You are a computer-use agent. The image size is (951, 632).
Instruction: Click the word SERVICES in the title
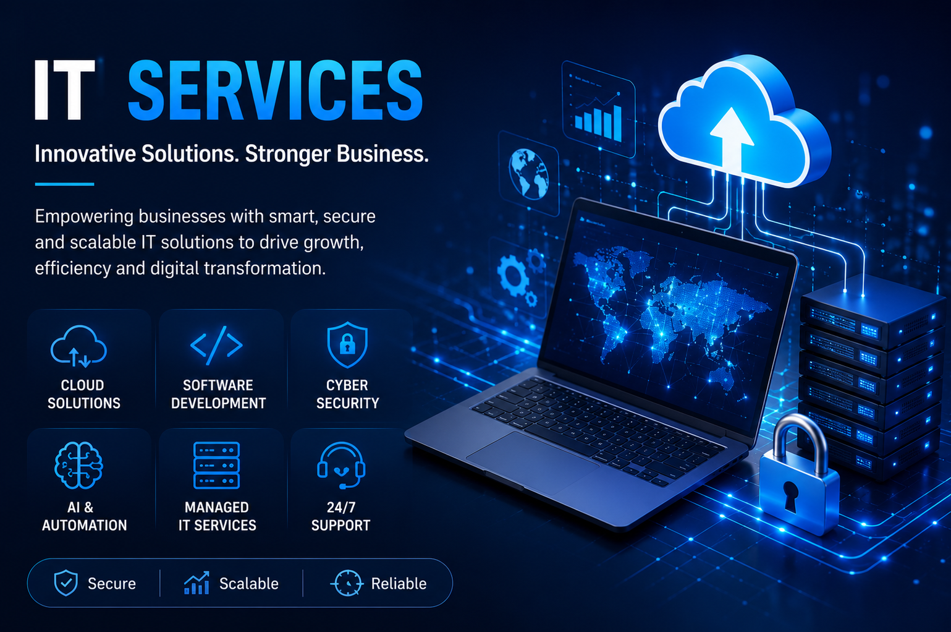(275, 90)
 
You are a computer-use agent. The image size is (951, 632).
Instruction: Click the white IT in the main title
(64, 90)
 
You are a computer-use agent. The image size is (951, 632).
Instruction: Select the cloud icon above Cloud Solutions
(78, 346)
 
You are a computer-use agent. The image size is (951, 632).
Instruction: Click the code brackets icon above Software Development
(216, 345)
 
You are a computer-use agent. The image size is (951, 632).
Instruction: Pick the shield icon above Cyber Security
(347, 344)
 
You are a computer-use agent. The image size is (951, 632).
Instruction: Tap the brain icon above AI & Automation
(78, 466)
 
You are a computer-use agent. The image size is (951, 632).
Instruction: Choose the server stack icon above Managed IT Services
(216, 466)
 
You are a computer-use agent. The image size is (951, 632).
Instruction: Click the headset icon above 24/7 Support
(341, 466)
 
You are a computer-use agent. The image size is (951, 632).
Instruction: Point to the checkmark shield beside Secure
(66, 583)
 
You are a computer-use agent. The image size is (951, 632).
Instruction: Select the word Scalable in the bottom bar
(249, 584)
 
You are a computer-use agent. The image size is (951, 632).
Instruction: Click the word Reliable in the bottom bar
(399, 584)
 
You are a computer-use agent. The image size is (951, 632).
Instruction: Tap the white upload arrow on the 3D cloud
(732, 138)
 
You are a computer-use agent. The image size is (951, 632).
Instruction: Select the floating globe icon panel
(528, 173)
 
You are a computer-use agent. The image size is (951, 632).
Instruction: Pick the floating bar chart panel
(599, 109)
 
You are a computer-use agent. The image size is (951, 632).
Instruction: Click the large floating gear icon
(513, 275)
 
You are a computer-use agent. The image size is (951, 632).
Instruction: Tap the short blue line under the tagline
(64, 184)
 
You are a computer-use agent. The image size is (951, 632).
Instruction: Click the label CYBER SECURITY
(347, 394)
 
